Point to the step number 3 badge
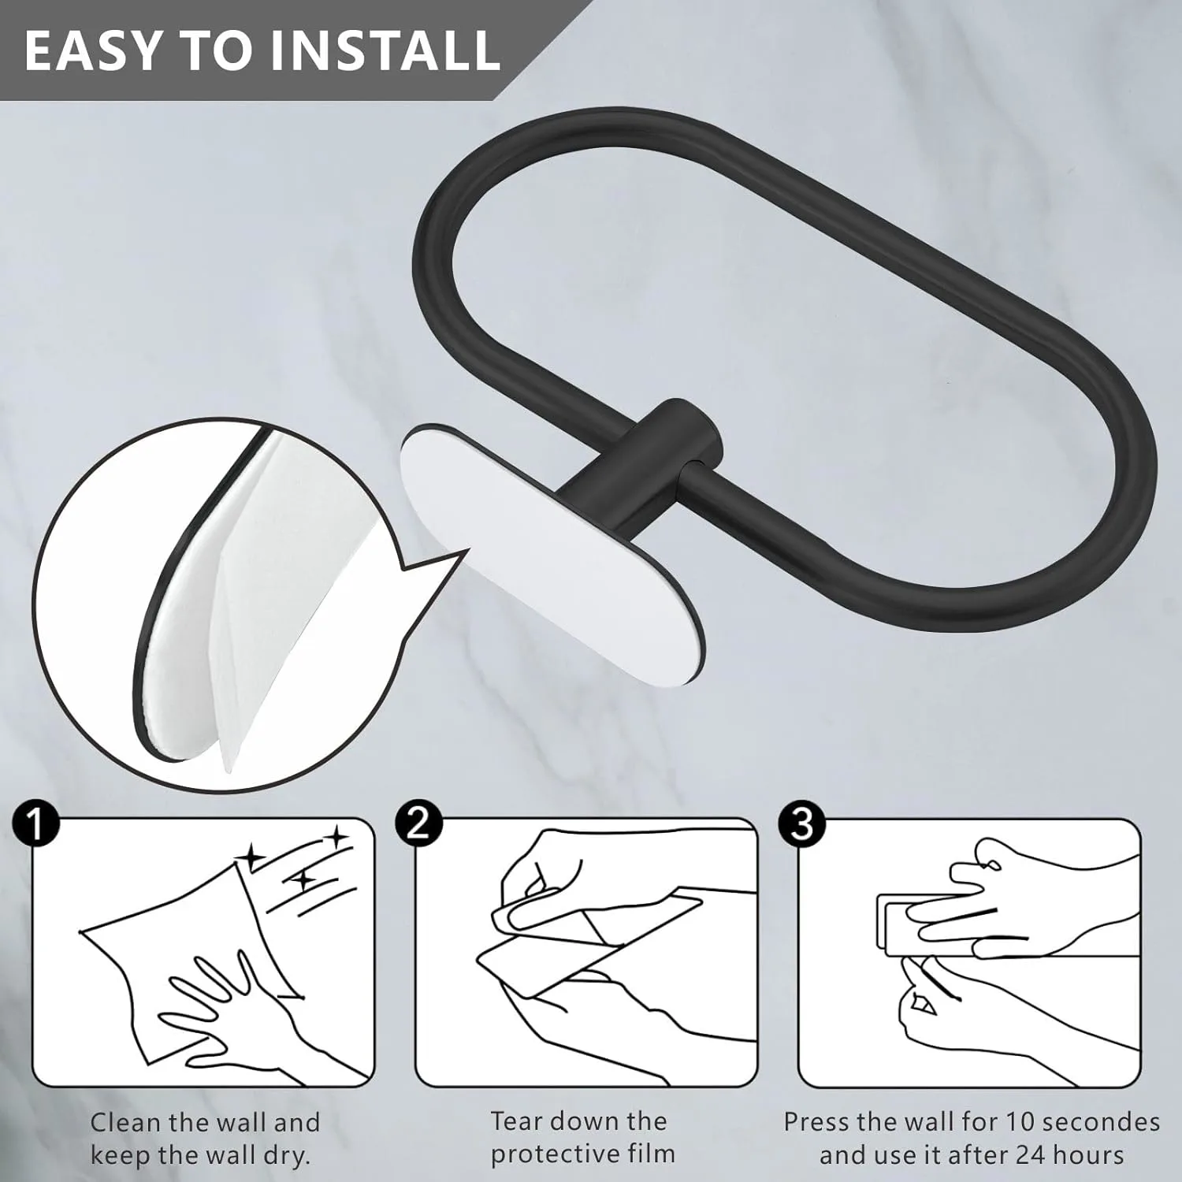[801, 824]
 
